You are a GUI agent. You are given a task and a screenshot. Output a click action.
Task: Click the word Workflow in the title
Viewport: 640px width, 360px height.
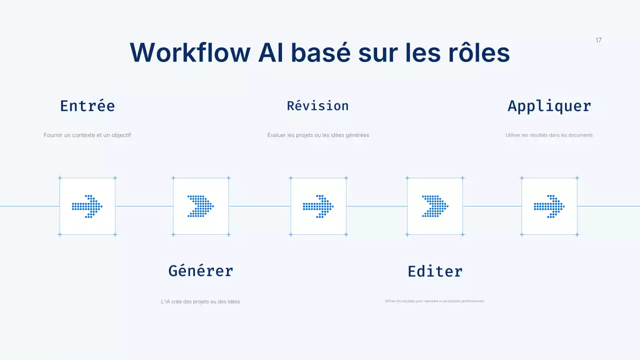pyautogui.click(x=189, y=52)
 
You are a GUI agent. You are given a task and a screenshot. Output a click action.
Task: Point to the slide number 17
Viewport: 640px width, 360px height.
pyautogui.click(x=598, y=40)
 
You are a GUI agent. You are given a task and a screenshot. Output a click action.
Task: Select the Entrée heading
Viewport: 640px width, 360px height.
pyautogui.click(x=87, y=106)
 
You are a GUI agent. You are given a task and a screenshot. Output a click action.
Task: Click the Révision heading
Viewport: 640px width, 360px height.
pyautogui.click(x=317, y=106)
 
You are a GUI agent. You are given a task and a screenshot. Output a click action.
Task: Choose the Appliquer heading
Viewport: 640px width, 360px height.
pyautogui.click(x=549, y=106)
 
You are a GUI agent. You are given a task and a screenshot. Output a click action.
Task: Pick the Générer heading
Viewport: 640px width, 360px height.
pyautogui.click(x=200, y=271)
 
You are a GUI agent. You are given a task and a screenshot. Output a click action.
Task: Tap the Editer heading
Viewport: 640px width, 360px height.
pyautogui.click(x=435, y=271)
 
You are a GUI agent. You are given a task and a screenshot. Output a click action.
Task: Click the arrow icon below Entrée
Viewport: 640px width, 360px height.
pyautogui.click(x=87, y=206)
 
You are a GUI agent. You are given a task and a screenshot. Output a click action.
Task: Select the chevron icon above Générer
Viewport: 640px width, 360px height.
pyautogui.click(x=200, y=206)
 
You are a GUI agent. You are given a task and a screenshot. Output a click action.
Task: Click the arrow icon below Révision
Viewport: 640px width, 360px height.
pyautogui.click(x=318, y=206)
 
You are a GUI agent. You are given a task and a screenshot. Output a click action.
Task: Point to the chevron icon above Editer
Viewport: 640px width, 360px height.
pyautogui.click(x=435, y=206)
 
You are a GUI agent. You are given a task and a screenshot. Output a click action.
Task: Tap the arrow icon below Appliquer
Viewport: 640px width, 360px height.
pyautogui.click(x=549, y=206)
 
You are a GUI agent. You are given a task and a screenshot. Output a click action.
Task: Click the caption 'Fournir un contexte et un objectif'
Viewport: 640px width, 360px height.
pyautogui.click(x=87, y=135)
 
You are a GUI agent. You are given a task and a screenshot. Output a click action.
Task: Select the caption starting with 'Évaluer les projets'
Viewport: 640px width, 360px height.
pyautogui.click(x=318, y=135)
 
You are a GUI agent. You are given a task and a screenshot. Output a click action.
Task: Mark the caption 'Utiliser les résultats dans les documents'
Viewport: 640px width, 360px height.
pyautogui.click(x=549, y=135)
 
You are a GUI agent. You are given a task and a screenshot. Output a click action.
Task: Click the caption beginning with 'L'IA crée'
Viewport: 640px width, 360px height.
pyautogui.click(x=200, y=301)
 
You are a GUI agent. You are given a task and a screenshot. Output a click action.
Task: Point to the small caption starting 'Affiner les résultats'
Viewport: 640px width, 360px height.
pyautogui.click(x=434, y=301)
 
